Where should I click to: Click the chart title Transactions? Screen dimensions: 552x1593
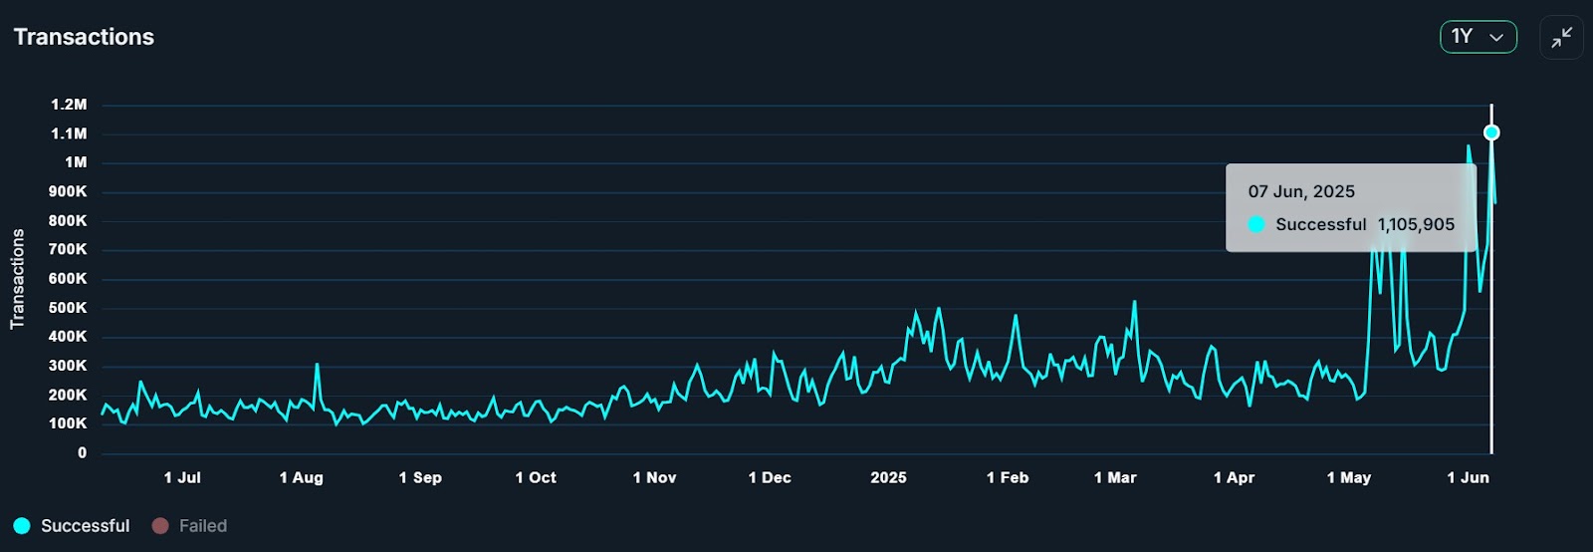coord(84,37)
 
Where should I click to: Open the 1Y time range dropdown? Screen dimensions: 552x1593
coord(1478,37)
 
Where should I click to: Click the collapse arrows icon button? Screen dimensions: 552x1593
coord(1561,38)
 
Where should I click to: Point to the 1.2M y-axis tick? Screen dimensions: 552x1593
coord(69,105)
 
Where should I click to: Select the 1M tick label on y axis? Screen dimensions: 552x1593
coord(76,162)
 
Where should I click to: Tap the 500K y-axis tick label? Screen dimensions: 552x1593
coord(68,308)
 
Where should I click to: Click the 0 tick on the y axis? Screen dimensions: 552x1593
coord(82,452)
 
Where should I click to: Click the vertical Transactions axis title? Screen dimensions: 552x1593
coord(17,279)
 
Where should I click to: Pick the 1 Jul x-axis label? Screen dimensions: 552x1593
coord(182,478)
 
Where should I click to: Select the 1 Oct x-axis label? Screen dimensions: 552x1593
coord(536,478)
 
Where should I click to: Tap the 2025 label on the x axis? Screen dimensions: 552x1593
coord(888,478)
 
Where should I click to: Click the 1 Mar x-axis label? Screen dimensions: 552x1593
coord(1115,478)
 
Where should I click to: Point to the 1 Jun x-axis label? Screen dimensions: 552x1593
coord(1468,478)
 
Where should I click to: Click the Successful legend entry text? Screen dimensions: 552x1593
coord(85,526)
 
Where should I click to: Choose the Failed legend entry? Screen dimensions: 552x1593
coord(202,526)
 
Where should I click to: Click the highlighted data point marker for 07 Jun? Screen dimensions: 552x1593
coord(1491,133)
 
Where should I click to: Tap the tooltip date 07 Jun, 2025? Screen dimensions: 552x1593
coord(1301,192)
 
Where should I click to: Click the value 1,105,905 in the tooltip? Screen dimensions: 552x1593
coord(1416,225)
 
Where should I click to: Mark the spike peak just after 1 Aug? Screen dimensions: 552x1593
coord(317,365)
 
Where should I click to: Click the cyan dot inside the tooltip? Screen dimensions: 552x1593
coord(1256,225)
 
